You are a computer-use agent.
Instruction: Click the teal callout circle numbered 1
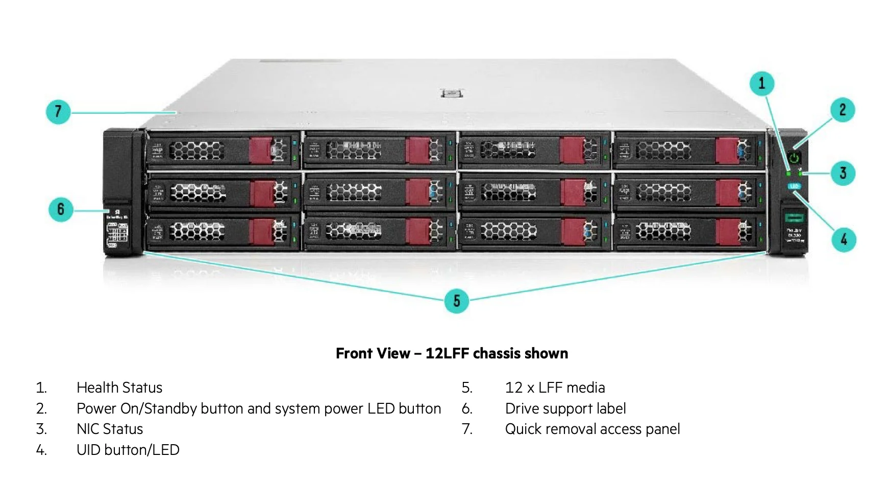tap(761, 83)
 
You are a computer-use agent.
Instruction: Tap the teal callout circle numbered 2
tap(843, 110)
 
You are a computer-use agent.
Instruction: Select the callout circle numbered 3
tap(843, 174)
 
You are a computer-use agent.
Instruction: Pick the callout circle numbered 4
tap(844, 239)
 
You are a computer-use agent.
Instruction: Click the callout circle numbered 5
tap(456, 301)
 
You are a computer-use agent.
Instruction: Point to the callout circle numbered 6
tap(61, 209)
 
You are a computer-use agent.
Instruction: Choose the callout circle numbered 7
tap(58, 111)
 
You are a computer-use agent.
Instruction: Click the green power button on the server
tap(794, 158)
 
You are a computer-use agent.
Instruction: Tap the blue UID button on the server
tap(794, 186)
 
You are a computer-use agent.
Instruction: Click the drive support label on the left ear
tap(117, 230)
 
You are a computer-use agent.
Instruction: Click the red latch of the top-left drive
tap(260, 150)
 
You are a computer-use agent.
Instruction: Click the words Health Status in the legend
tap(119, 388)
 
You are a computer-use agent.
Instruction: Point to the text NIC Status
tap(110, 429)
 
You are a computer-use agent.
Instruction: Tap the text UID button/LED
tap(128, 450)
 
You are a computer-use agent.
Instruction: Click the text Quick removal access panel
tap(592, 429)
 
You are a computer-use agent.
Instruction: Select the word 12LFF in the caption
tap(447, 353)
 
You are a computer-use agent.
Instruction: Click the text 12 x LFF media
tap(555, 388)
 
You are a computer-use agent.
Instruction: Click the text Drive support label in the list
tap(565, 408)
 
